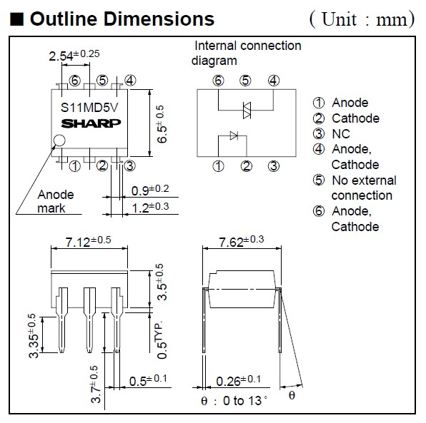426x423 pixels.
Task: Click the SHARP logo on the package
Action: (91, 123)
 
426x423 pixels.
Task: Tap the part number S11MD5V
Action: (89, 108)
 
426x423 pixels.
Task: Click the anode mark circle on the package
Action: (59, 141)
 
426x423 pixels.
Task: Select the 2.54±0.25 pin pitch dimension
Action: (74, 56)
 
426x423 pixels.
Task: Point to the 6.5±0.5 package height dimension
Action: (162, 124)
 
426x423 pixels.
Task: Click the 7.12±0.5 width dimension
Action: (89, 241)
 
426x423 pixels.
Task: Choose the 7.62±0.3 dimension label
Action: (242, 241)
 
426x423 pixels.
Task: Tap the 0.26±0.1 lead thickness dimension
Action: (238, 380)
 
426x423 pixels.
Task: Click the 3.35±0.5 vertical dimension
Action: (34, 336)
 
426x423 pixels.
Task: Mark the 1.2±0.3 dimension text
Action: (150, 208)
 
